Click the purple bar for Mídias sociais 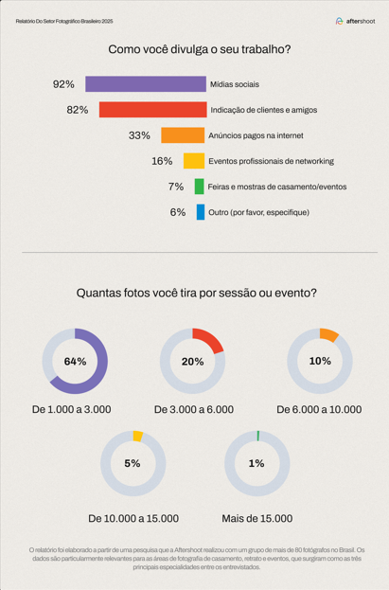click(x=146, y=84)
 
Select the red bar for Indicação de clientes click(x=153, y=110)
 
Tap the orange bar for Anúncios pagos click(x=183, y=135)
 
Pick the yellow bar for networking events click(x=194, y=161)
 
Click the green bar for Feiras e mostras click(x=200, y=187)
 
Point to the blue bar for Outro click(x=201, y=212)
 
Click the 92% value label click(x=63, y=84)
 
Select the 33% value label click(x=139, y=135)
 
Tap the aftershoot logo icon click(x=340, y=21)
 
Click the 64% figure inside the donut click(x=75, y=362)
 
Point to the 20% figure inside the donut click(x=193, y=362)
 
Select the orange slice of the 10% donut click(x=328, y=335)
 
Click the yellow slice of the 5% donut click(x=138, y=436)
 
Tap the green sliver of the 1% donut click(x=258, y=436)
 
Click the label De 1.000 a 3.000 click(x=72, y=409)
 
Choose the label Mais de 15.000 click(x=256, y=519)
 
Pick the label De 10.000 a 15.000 click(x=133, y=519)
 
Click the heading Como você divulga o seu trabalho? click(x=200, y=49)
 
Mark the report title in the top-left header click(x=64, y=21)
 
